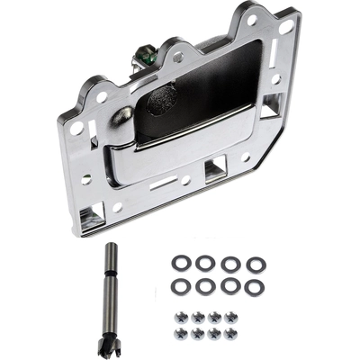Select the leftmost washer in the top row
tap(180, 264)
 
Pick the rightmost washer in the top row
tap(256, 264)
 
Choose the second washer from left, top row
tap(205, 264)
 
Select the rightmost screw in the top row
tap(231, 316)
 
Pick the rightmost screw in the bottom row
tap(231, 333)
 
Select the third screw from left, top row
tap(215, 316)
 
